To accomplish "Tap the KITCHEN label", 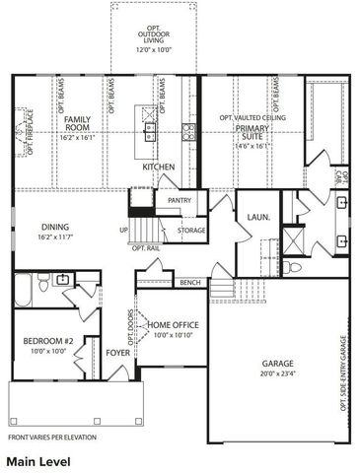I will [159, 168].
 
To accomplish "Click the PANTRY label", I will [180, 200].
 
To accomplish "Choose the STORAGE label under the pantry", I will [191, 231].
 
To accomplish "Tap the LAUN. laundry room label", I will [259, 216].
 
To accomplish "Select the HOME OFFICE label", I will [174, 326].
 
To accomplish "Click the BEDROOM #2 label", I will [43, 342].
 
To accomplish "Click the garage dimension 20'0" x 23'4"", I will [279, 373].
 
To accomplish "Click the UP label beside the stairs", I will [123, 231].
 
